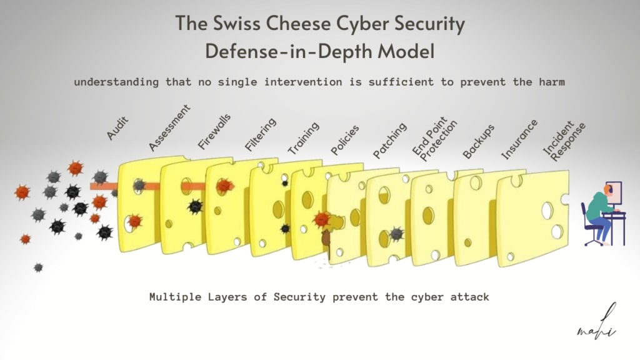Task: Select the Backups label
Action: coord(479,141)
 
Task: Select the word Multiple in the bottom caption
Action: coord(172,297)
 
